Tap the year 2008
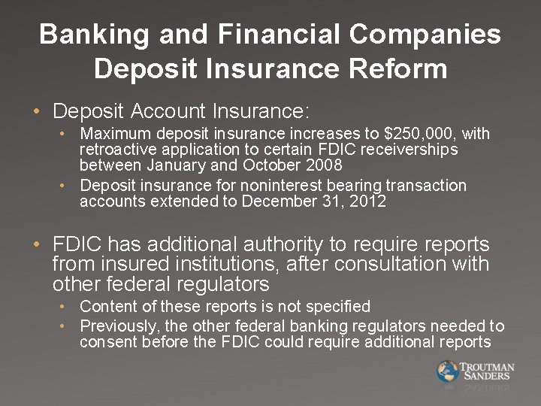point(324,165)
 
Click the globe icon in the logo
point(448,371)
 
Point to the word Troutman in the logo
point(488,367)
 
